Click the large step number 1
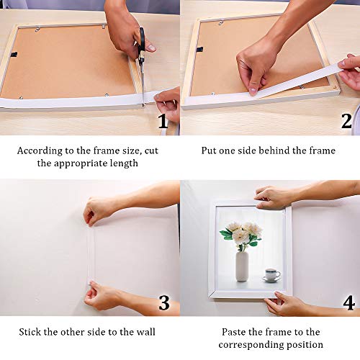click(163, 121)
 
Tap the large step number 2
click(346, 121)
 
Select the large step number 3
click(164, 303)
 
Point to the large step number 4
click(348, 302)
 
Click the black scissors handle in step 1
click(141, 42)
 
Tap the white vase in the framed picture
click(242, 266)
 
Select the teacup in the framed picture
click(272, 274)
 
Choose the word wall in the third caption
click(146, 332)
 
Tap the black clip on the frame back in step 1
click(14, 54)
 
